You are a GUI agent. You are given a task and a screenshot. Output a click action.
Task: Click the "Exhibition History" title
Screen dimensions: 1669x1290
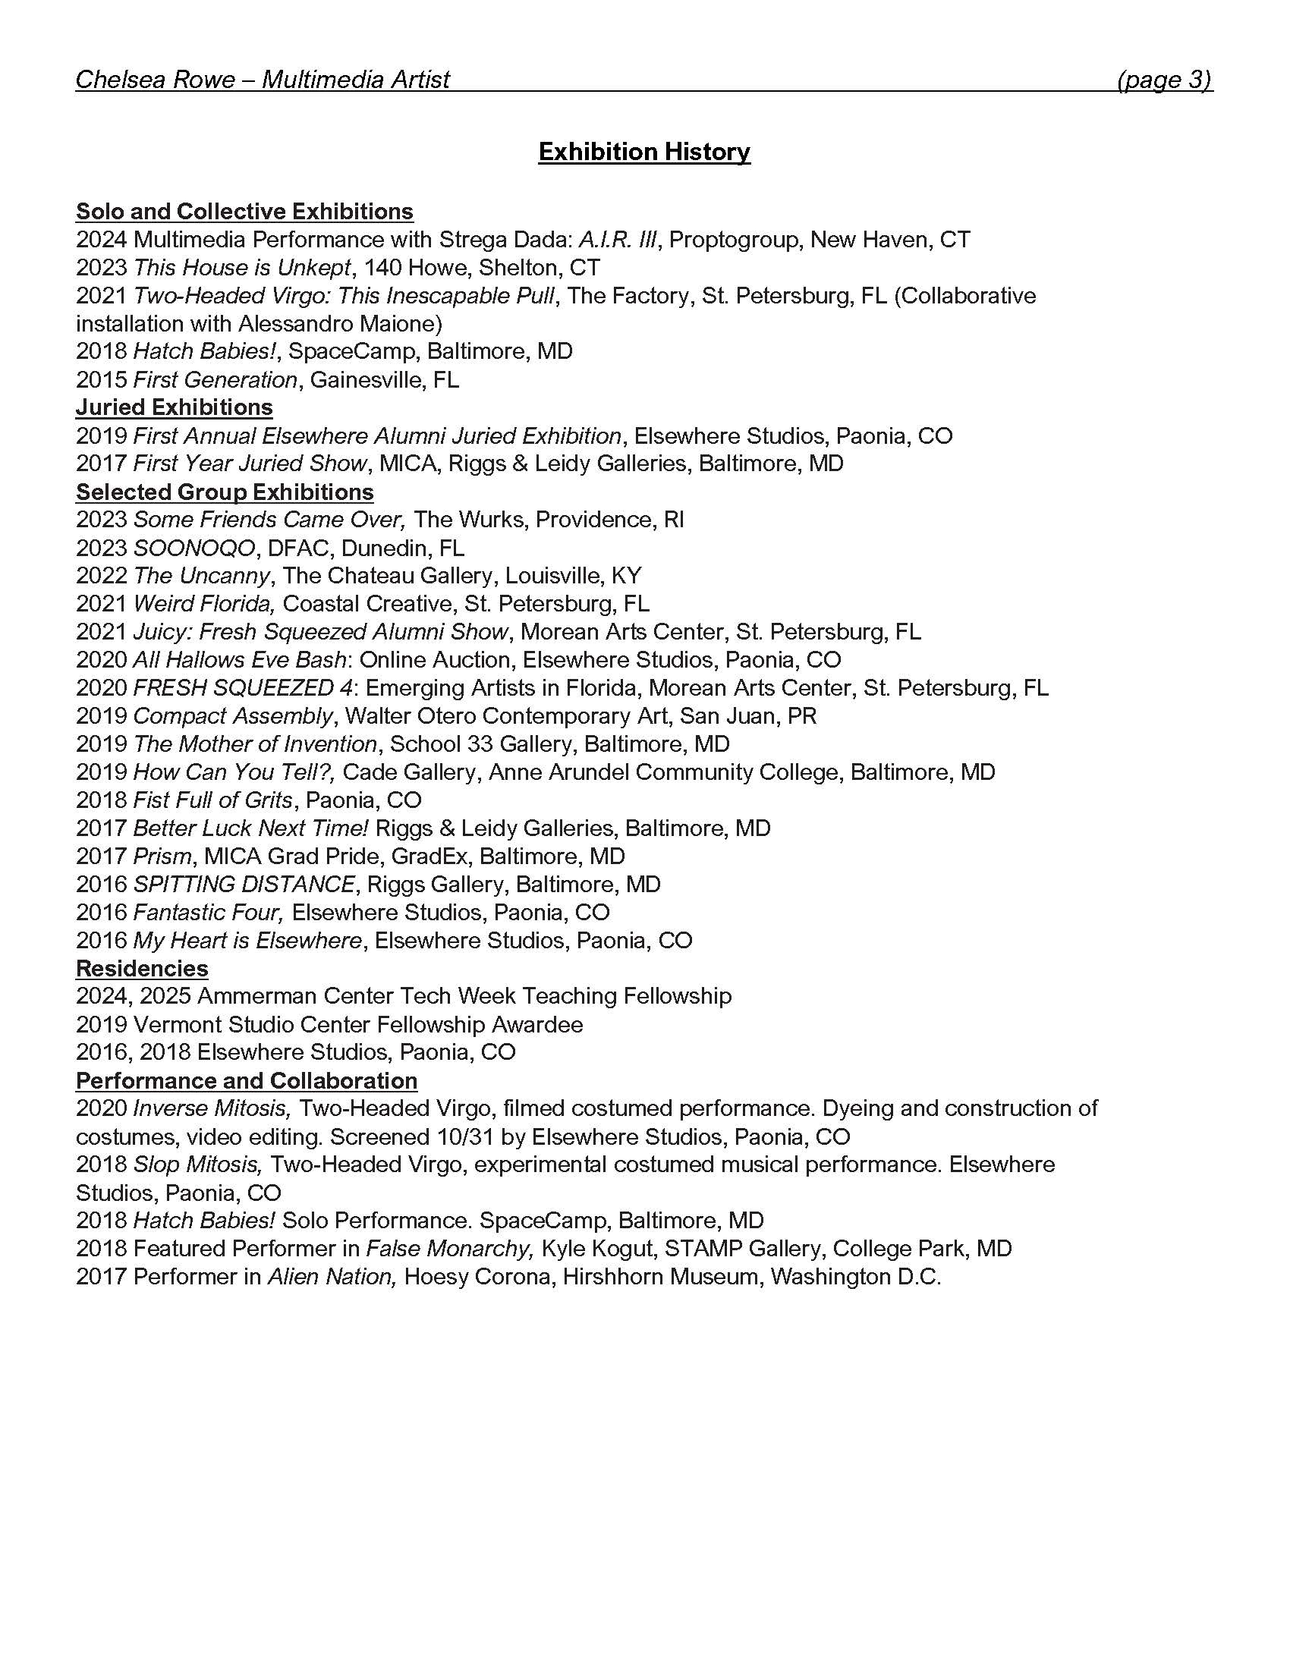[644, 152]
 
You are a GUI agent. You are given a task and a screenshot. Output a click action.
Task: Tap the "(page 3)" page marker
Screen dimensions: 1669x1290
[1164, 80]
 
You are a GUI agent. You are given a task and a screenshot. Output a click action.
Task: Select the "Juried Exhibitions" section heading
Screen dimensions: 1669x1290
[175, 407]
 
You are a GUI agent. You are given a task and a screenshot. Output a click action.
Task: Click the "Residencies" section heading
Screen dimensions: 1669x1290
[142, 968]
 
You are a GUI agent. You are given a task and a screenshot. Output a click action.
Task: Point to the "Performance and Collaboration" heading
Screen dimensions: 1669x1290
[247, 1080]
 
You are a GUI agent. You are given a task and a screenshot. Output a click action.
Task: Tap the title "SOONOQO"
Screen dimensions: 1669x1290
[194, 548]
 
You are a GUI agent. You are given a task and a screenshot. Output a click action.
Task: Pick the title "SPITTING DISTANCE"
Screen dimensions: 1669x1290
[244, 884]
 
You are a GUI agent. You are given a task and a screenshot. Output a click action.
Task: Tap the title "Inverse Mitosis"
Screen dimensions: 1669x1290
[212, 1108]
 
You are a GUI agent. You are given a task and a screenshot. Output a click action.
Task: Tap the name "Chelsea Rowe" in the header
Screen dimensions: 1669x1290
[155, 80]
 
